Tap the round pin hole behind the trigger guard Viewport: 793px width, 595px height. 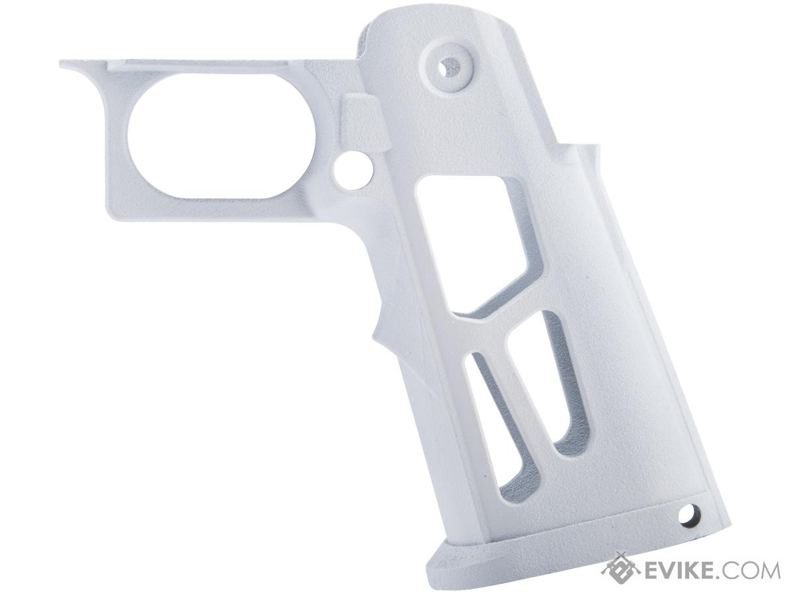pyautogui.click(x=353, y=170)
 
